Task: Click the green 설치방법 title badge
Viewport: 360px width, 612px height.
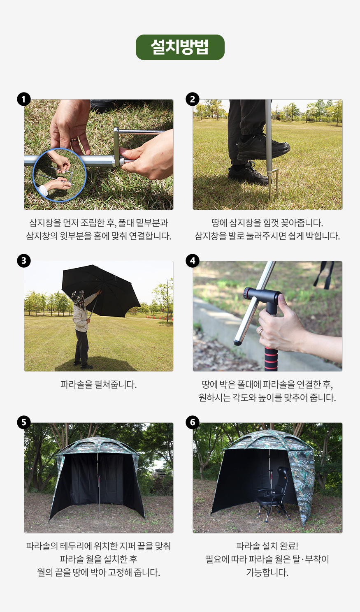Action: click(x=180, y=47)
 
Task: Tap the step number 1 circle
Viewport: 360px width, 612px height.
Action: click(x=24, y=99)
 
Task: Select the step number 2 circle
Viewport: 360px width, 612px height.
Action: click(x=193, y=99)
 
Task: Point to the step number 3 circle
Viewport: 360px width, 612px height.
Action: click(x=24, y=261)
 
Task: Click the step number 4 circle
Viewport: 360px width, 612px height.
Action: click(x=193, y=261)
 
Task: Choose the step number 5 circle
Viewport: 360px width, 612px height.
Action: click(x=24, y=422)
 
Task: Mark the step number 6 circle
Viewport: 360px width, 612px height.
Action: click(x=193, y=422)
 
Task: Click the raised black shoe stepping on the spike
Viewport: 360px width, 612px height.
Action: click(x=263, y=147)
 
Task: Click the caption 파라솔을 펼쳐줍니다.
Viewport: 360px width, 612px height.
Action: click(x=98, y=385)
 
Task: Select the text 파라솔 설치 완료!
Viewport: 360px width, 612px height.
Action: click(x=267, y=546)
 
